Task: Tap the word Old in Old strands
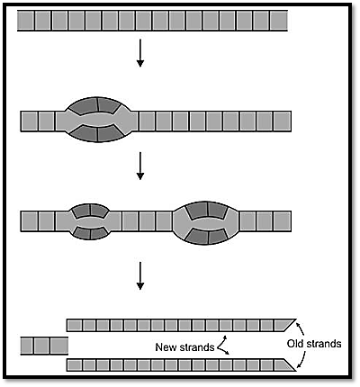click(x=295, y=344)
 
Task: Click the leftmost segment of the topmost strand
click(x=26, y=20)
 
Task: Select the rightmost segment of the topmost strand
click(x=279, y=20)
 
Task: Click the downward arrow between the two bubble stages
click(x=140, y=166)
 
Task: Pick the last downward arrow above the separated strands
click(x=140, y=276)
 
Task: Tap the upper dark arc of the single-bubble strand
click(x=98, y=105)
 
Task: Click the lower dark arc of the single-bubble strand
click(x=98, y=134)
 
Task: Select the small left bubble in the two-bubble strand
click(x=90, y=221)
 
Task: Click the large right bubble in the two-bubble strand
click(x=206, y=222)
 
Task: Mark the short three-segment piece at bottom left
click(x=44, y=346)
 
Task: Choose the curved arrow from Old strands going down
click(x=301, y=359)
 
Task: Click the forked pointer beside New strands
click(x=222, y=346)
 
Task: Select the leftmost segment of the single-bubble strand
click(x=30, y=121)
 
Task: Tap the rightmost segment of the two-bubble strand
click(x=282, y=221)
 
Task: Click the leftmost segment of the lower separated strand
click(x=75, y=365)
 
